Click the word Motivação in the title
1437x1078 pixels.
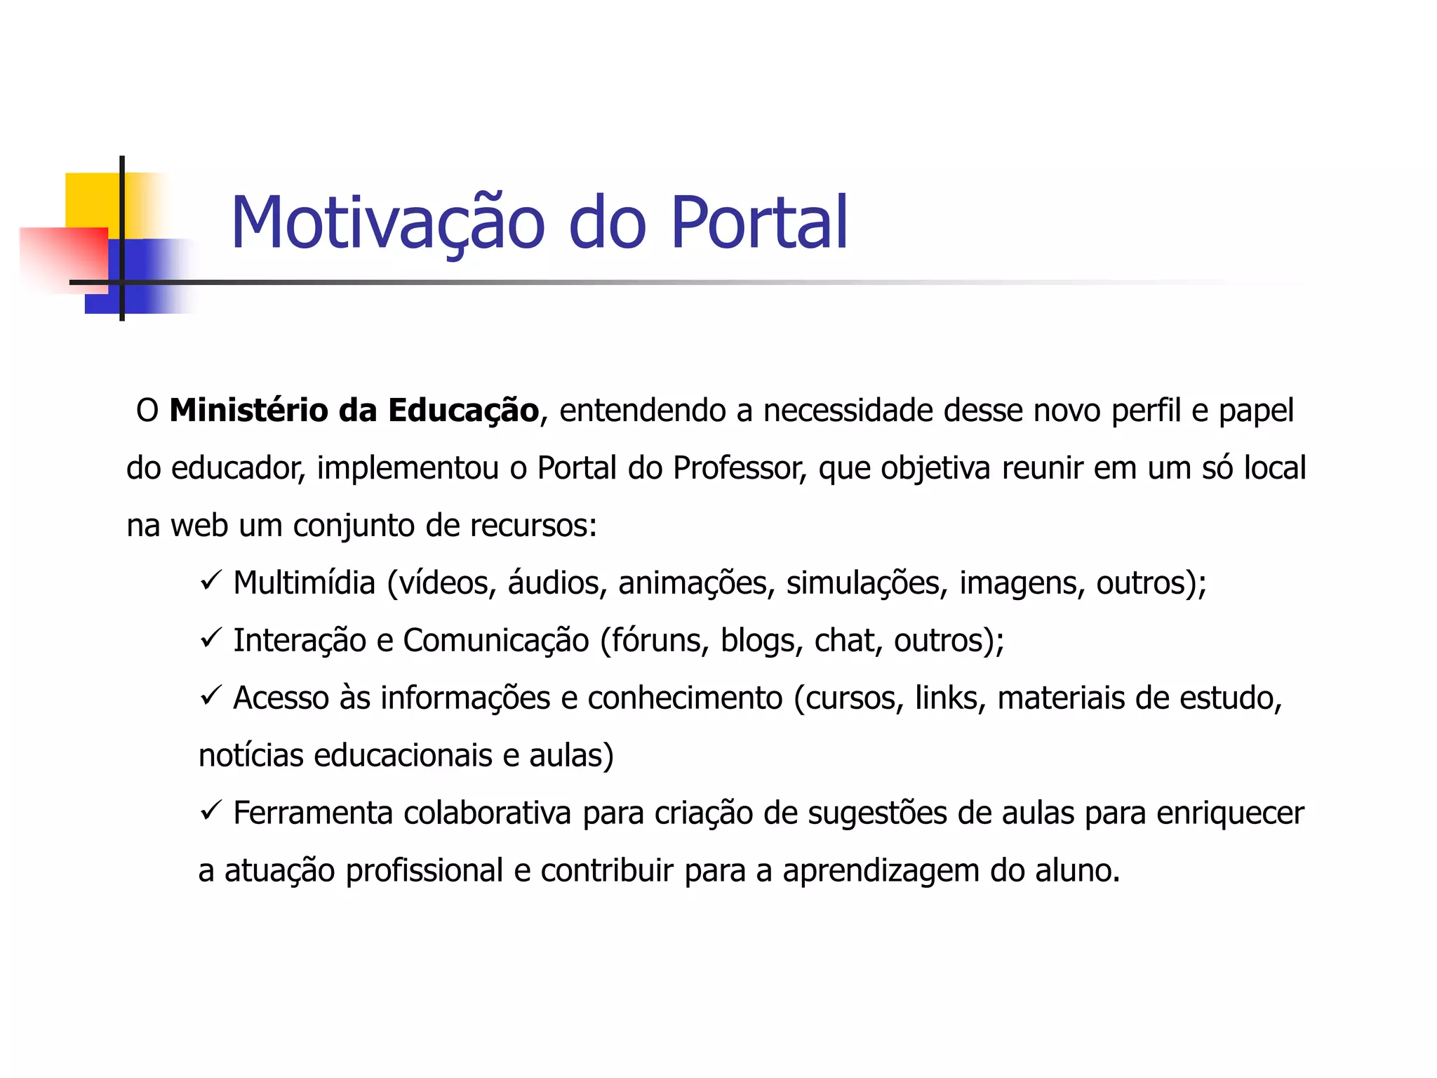(387, 223)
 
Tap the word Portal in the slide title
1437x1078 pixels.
(759, 223)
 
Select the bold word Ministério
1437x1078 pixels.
(248, 411)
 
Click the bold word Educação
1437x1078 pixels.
(463, 411)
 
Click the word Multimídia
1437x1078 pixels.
(305, 583)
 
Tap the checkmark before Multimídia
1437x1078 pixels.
(210, 580)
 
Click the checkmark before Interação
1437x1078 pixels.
(210, 638)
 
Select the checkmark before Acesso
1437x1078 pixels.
(210, 696)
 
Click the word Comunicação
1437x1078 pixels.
(496, 641)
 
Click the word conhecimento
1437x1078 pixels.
(685, 698)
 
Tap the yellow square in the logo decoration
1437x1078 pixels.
(91, 200)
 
